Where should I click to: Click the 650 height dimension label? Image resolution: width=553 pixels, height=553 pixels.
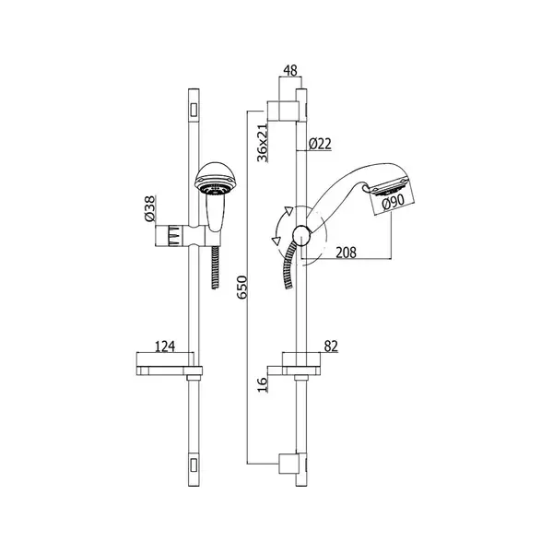tap(241, 288)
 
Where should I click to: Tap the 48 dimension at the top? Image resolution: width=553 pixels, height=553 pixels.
tap(290, 71)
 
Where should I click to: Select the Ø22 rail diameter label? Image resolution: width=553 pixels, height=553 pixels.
tap(320, 144)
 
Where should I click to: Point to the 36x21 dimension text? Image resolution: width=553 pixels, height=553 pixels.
tap(263, 143)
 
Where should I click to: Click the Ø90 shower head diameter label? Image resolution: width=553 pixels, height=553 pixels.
tap(393, 202)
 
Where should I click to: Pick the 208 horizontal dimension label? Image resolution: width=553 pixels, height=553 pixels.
tap(346, 253)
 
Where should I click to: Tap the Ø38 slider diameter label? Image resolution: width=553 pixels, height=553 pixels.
tap(150, 208)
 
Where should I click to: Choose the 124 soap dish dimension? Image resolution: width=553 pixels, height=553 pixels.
tap(165, 347)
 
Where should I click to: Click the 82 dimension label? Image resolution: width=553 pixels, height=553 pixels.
tap(331, 346)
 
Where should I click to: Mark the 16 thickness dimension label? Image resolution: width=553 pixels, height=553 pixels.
tap(263, 384)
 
